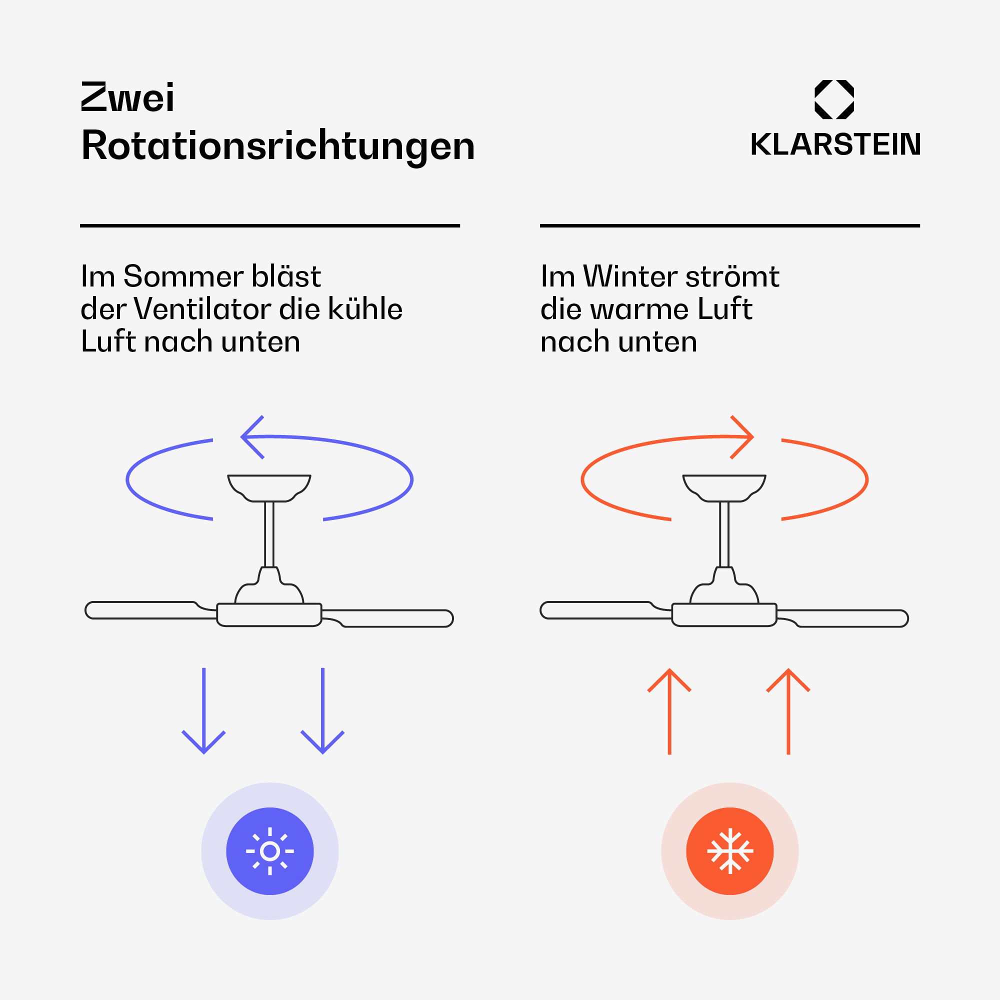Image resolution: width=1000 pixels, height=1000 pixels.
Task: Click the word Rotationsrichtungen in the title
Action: tap(278, 146)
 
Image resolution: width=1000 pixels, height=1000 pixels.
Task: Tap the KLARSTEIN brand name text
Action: tap(835, 144)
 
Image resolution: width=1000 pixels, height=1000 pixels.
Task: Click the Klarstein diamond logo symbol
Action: tap(834, 99)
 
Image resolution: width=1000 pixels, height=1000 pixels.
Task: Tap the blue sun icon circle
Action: tap(269, 851)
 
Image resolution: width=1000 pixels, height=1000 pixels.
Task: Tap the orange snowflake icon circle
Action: tap(730, 851)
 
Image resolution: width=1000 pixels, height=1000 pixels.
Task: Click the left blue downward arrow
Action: tap(204, 710)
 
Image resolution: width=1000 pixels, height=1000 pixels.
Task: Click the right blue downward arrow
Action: tap(322, 710)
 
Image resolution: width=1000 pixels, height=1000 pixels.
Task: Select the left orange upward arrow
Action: tap(669, 711)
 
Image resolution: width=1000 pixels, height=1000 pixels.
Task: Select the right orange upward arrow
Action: tap(788, 711)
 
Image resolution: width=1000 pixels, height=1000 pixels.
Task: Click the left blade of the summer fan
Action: tap(150, 610)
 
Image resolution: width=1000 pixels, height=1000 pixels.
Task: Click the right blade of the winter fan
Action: tap(842, 618)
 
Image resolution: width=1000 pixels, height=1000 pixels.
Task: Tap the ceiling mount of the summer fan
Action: tap(269, 488)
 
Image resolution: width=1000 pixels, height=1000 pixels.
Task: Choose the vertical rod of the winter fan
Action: tap(724, 534)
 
